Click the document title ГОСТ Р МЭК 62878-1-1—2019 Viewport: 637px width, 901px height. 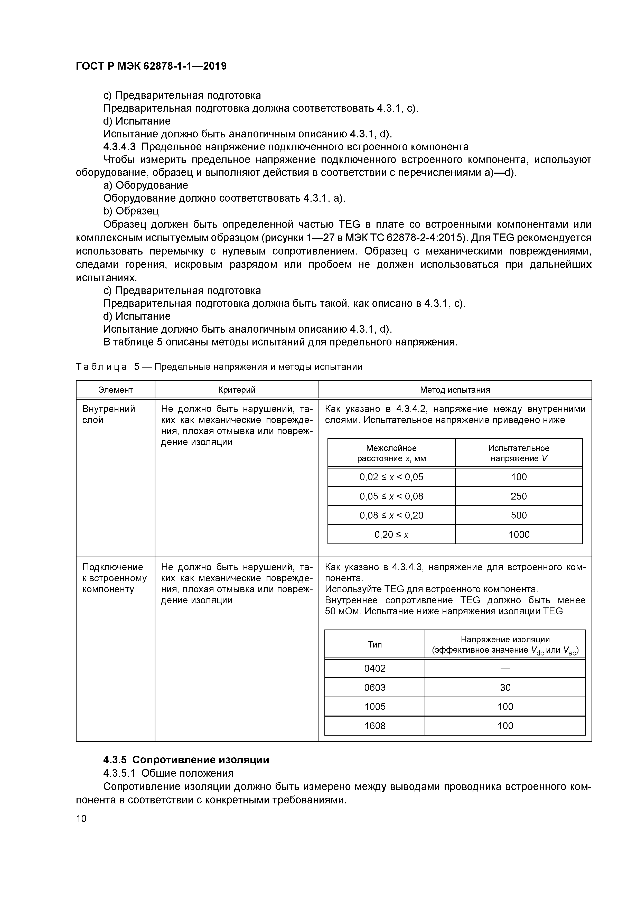[151, 66]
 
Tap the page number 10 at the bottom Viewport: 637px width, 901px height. [81, 818]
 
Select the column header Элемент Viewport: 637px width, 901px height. [115, 390]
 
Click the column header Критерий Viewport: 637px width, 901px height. [237, 390]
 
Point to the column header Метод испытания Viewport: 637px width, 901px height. [455, 390]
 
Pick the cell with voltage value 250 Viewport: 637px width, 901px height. [519, 496]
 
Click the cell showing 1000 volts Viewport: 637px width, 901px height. [519, 534]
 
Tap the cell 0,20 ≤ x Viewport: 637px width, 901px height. [391, 534]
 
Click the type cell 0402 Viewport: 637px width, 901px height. [375, 668]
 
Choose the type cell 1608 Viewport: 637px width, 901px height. [375, 726]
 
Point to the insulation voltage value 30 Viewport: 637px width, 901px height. [505, 687]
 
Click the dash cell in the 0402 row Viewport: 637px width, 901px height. [505, 668]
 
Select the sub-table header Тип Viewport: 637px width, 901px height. [375, 644]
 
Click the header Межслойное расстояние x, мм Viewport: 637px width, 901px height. [391, 453]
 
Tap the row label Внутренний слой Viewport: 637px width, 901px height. [108, 414]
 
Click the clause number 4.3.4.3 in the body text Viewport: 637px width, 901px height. [119, 147]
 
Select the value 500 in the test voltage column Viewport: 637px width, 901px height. [519, 515]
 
